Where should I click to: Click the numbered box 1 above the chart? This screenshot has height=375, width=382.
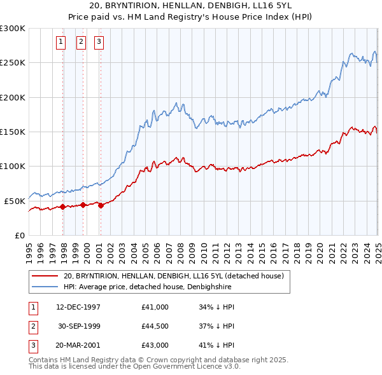[x=61, y=43]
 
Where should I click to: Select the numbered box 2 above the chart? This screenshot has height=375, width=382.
[x=81, y=43]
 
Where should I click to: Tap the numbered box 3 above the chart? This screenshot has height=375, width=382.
[x=99, y=43]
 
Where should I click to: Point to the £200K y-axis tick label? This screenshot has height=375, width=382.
[x=13, y=97]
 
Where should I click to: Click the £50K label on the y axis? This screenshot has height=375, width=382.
[x=15, y=201]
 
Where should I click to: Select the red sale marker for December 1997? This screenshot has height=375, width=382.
[x=63, y=207]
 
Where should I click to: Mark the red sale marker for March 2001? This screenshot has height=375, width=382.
[x=101, y=205]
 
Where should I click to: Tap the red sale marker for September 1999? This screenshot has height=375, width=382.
[x=83, y=205]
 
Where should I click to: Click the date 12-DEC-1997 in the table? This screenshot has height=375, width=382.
[x=78, y=307]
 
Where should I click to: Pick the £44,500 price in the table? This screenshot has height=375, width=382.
[x=155, y=327]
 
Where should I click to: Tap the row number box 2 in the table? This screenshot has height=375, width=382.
[x=32, y=327]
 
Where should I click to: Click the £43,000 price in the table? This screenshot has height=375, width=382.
[x=155, y=346]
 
